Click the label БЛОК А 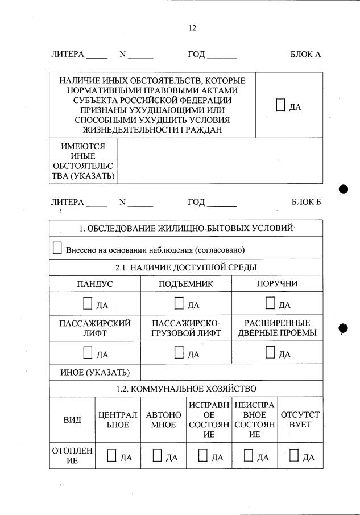coord(306,55)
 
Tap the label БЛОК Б coord(306,202)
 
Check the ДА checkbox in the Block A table coord(281,105)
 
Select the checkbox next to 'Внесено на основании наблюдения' coord(57,248)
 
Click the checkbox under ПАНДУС coord(88,303)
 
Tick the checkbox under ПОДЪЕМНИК coord(179,303)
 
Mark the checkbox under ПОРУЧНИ coord(270,303)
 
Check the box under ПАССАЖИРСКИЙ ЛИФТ coord(88,353)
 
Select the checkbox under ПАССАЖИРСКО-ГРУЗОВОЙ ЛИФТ coord(179,353)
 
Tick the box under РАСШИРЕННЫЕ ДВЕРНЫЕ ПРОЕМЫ coord(270,353)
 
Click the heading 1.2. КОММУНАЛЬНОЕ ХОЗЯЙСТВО coord(186,389)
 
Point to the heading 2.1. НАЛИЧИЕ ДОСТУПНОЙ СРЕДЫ coord(186,267)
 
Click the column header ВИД coord(72,420)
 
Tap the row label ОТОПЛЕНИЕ coord(72,456)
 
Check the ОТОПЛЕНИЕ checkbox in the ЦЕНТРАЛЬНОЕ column coord(112,455)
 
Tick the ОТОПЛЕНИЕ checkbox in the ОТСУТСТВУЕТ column coord(294,455)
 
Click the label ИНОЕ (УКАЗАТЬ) coord(95,373)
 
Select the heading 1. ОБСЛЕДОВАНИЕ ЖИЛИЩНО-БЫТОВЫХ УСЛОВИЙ coord(186,228)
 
